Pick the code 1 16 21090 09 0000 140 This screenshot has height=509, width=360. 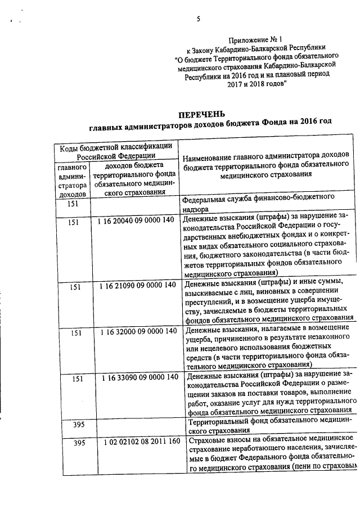135,287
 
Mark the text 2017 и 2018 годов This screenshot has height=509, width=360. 256,82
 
